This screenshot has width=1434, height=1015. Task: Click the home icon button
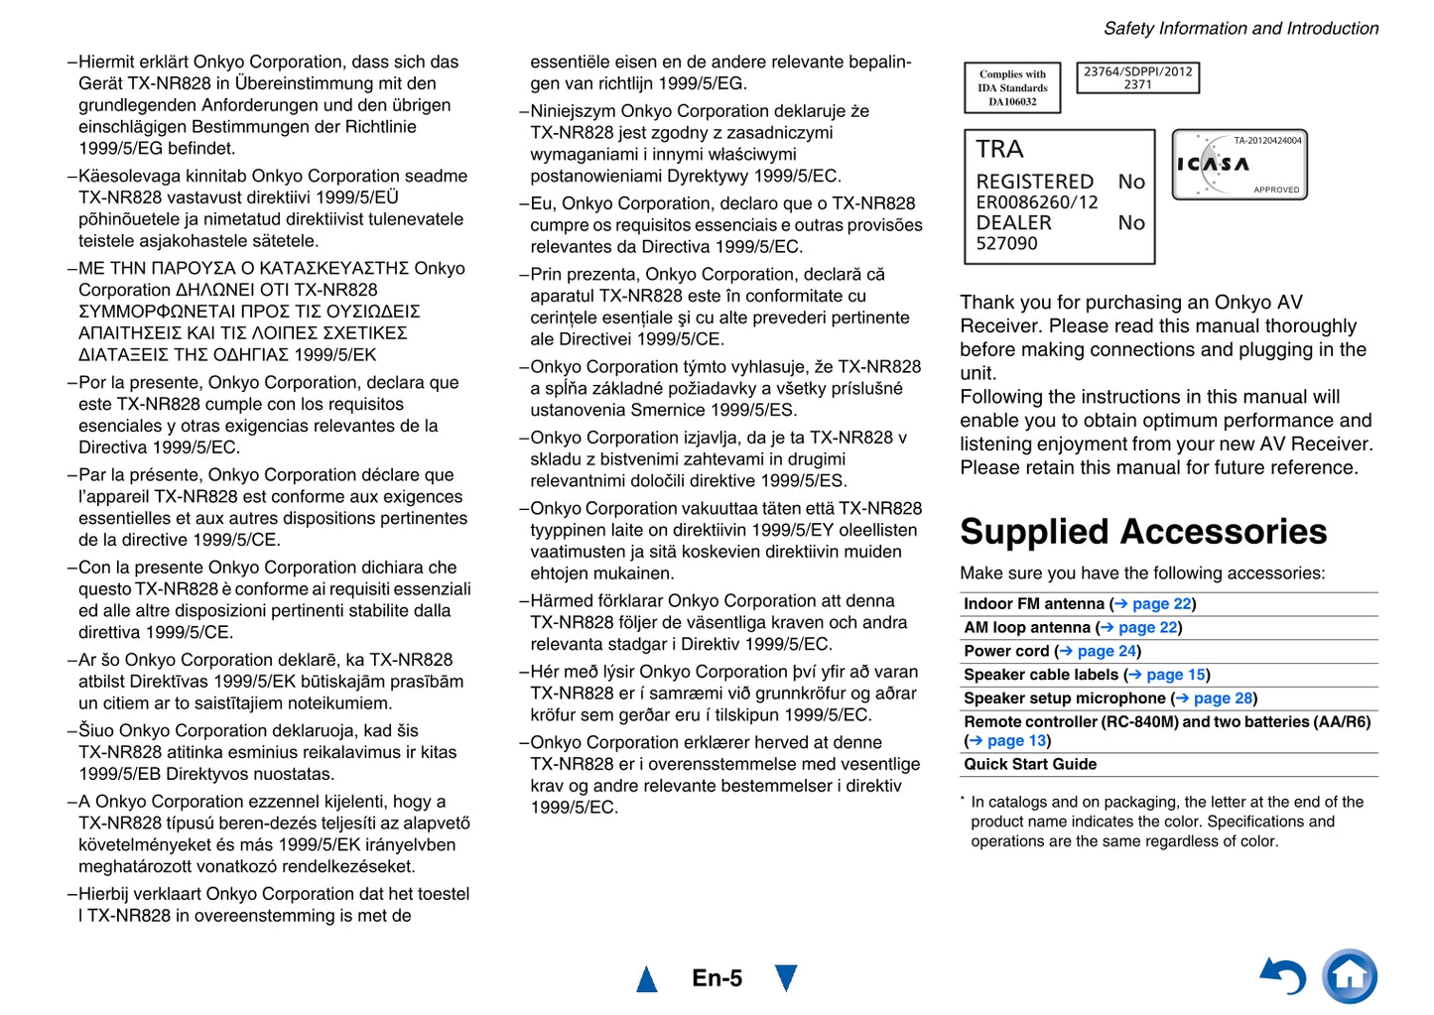pos(1349,976)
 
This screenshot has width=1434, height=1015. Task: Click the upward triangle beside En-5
pos(647,979)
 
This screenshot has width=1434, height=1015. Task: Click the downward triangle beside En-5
pos(786,978)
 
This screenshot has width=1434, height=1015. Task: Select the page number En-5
pos(717,978)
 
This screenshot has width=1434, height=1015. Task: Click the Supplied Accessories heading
pos(1142,532)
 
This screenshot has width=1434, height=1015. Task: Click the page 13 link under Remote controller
pos(1015,741)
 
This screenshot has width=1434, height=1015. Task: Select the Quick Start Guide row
pos(1030,765)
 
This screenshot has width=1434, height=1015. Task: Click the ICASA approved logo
pos(1238,165)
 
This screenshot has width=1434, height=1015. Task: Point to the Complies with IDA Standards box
pos(1012,87)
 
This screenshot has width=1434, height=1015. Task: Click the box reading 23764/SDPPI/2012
pos(1137,77)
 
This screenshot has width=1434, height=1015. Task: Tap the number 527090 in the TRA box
pos(1006,244)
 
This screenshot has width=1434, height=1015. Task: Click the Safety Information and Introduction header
pos(1240,29)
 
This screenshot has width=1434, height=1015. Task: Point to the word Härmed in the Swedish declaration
pos(562,601)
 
